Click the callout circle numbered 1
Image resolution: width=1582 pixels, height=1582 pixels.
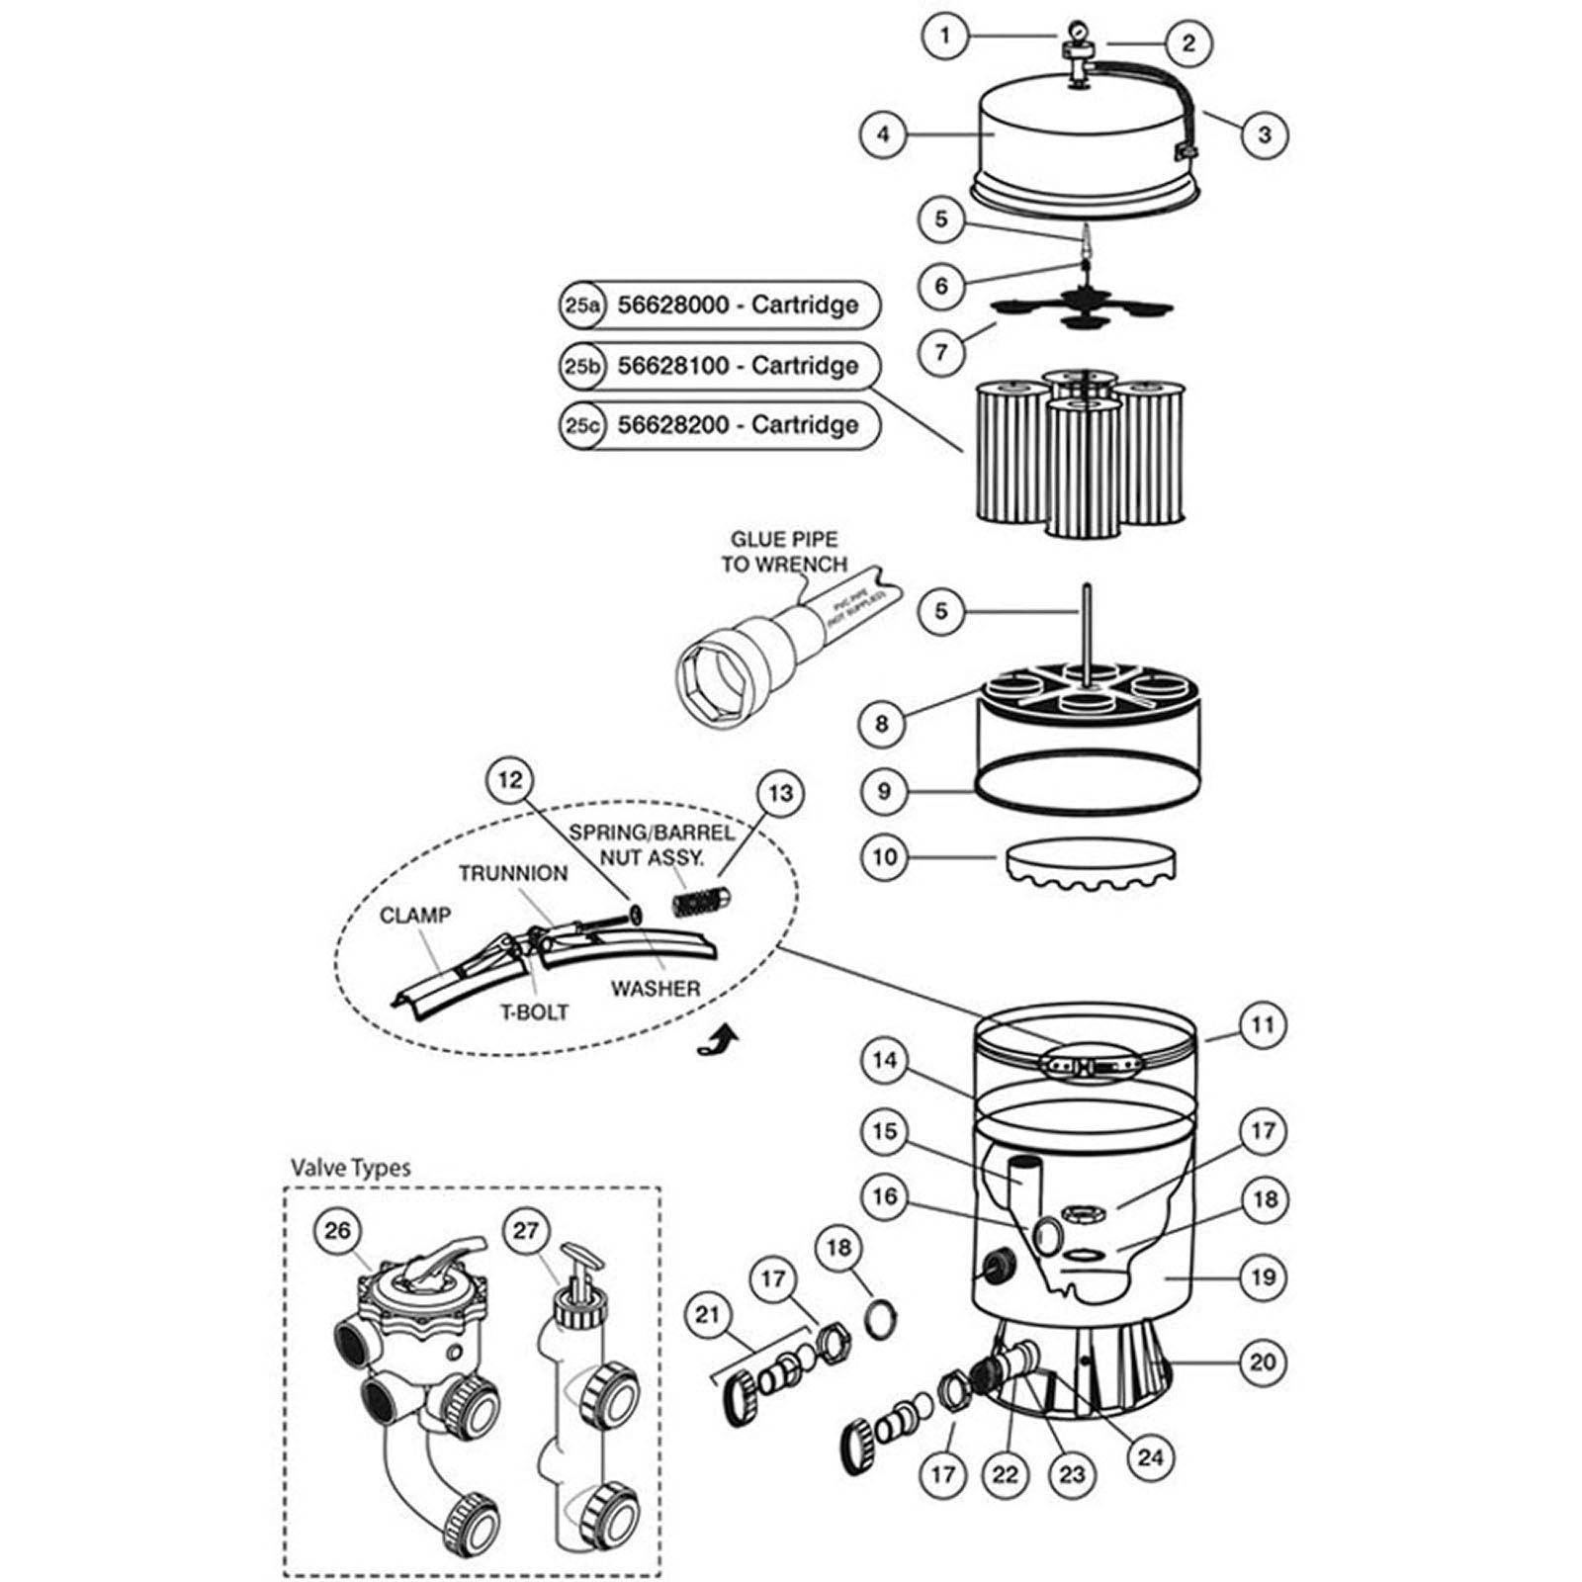point(945,37)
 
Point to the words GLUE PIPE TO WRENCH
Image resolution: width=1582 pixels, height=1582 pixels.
point(783,552)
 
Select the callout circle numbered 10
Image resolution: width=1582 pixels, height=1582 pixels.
point(884,856)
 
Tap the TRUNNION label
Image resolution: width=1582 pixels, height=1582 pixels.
point(512,873)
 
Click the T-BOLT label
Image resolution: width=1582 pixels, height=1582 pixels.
point(533,1012)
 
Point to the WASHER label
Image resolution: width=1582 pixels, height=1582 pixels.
point(655,988)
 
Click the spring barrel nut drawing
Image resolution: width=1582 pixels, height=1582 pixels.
point(700,901)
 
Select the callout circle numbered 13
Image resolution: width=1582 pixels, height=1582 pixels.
point(780,793)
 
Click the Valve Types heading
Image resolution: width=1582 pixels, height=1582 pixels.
point(350,1168)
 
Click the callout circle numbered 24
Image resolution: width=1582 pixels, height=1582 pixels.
point(1150,1456)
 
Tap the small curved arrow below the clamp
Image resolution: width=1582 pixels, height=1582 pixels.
point(719,1041)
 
